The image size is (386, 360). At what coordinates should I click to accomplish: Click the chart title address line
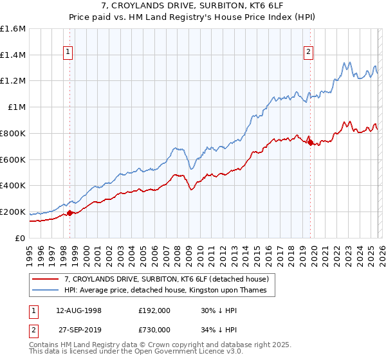[193, 6]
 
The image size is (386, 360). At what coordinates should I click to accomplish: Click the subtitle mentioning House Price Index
[193, 17]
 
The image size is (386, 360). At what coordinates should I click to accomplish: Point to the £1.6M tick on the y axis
[13, 29]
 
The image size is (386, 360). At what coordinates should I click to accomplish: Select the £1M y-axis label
[17, 107]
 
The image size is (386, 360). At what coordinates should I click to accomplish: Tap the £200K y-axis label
[13, 212]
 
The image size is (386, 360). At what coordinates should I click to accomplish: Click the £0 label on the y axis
[21, 238]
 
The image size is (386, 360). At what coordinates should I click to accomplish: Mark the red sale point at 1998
[70, 213]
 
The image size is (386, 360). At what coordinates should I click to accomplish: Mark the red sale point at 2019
[310, 143]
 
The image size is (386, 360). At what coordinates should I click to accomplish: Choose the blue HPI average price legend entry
[154, 291]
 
